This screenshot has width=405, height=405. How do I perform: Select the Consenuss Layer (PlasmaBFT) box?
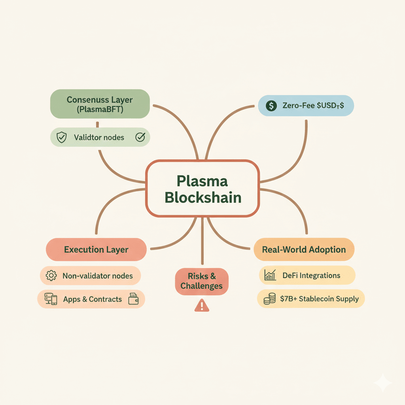pos(100,104)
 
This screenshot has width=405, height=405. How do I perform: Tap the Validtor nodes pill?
pos(100,138)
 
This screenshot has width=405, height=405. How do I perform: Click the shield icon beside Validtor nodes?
pos(61,138)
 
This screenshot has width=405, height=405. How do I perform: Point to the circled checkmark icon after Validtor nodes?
pos(140,137)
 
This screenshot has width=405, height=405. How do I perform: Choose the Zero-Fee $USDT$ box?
pos(306,106)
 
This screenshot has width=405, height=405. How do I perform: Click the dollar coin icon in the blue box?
pos(271,106)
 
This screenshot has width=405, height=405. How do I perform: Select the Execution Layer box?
pos(96,250)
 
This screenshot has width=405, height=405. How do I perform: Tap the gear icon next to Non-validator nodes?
pos(51,276)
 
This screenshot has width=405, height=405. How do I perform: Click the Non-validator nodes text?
pos(98,276)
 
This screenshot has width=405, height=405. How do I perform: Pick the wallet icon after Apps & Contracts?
pos(133,299)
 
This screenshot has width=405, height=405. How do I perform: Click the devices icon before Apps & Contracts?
pos(51,299)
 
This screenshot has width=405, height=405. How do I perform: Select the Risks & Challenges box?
pos(202,281)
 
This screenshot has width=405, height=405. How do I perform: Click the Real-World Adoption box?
pos(304,250)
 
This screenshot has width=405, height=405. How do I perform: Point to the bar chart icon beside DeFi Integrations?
pos(270,275)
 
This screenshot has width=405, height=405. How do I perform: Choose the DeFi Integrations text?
pos(311,275)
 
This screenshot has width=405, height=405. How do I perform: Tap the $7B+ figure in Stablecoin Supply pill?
pos(288,299)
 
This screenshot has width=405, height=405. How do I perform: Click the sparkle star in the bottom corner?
pos(382,383)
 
